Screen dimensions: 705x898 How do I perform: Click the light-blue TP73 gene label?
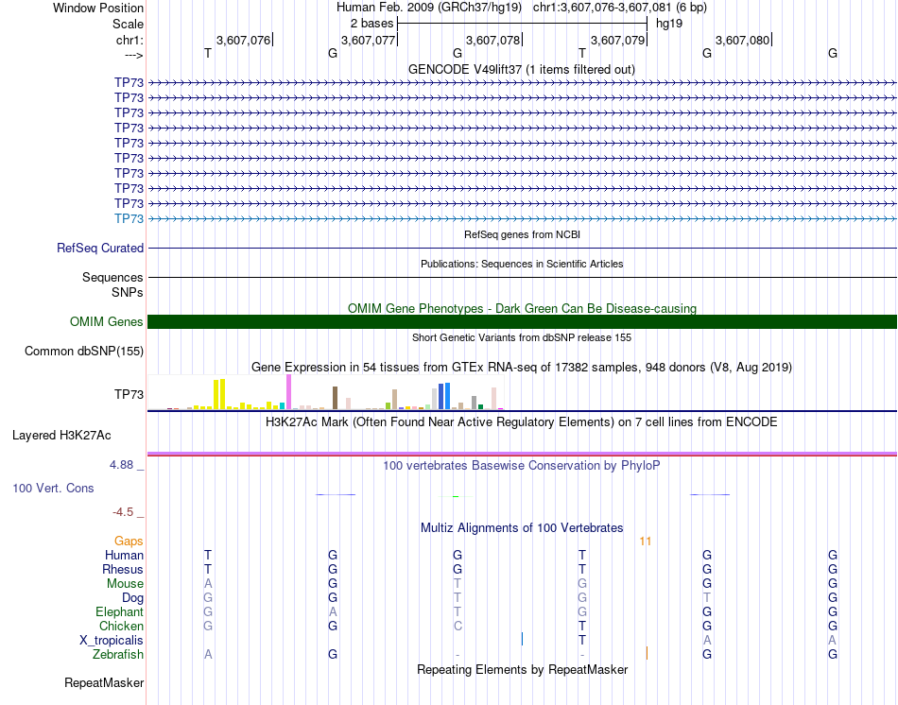[x=129, y=218]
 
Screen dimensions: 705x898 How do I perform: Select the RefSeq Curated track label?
[x=100, y=249]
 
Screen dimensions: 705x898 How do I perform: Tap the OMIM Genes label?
[x=107, y=322]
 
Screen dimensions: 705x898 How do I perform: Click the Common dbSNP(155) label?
[x=84, y=352]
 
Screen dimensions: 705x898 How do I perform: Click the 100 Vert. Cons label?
[x=52, y=489]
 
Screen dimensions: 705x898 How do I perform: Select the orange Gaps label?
[x=129, y=542]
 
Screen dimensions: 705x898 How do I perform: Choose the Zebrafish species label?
[x=118, y=654]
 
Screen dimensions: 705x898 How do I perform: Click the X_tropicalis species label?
[x=112, y=640]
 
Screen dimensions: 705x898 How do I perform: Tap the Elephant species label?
[x=119, y=612]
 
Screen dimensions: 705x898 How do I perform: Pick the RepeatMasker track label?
[x=104, y=682]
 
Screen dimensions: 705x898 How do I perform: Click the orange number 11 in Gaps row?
[x=646, y=542]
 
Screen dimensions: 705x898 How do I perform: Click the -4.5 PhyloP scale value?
[x=124, y=512]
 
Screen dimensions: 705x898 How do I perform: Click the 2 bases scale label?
[x=371, y=22]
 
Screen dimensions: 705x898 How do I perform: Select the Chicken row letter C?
[x=458, y=626]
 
